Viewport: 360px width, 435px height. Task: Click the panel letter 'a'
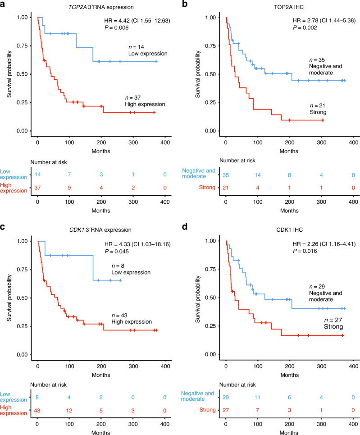(x=4, y=5)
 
